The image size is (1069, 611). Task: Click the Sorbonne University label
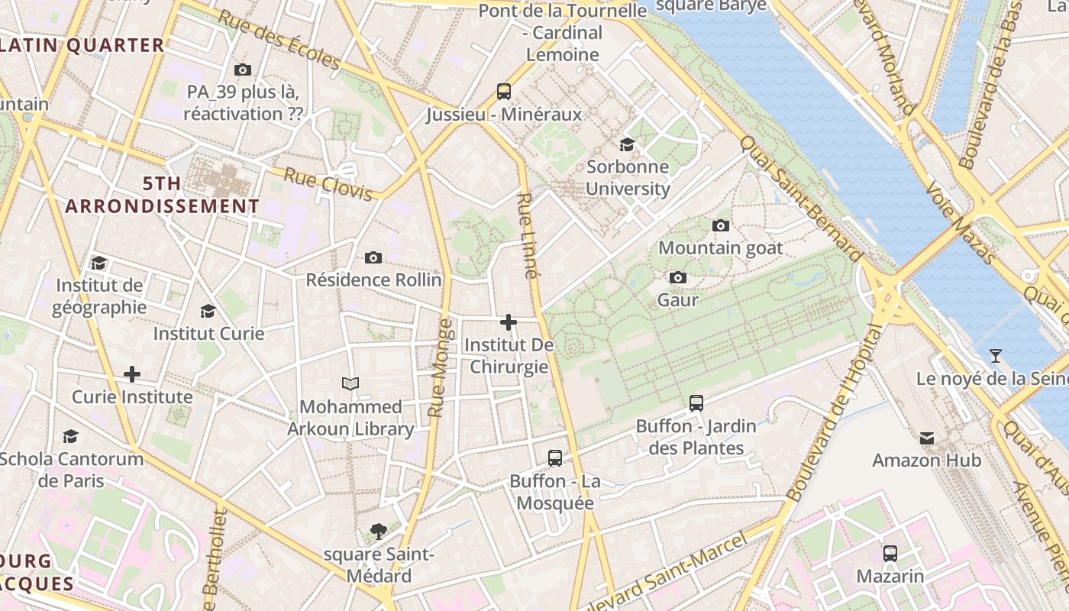point(628,178)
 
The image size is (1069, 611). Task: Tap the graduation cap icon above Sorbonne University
point(627,144)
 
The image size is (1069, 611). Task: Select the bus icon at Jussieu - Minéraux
point(503,92)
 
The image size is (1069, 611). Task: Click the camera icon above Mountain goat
point(720,225)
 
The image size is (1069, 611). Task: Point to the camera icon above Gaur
point(677,277)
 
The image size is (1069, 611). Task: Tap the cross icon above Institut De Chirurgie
point(509,322)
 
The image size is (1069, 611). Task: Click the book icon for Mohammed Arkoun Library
point(350,383)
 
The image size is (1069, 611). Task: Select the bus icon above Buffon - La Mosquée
point(555,458)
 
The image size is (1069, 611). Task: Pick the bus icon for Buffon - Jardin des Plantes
point(696,402)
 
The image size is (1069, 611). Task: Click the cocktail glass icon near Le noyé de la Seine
point(996,355)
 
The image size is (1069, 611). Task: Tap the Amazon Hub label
point(927,461)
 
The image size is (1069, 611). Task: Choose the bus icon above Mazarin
point(890,554)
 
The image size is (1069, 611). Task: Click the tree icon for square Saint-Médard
point(378,531)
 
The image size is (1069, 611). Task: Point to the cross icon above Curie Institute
point(132,374)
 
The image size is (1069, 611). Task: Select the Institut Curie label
point(208,334)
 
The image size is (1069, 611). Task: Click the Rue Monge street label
point(440,368)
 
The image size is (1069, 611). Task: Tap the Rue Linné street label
point(527,234)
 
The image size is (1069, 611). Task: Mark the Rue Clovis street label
point(328,185)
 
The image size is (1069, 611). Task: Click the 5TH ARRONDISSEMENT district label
point(162,195)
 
